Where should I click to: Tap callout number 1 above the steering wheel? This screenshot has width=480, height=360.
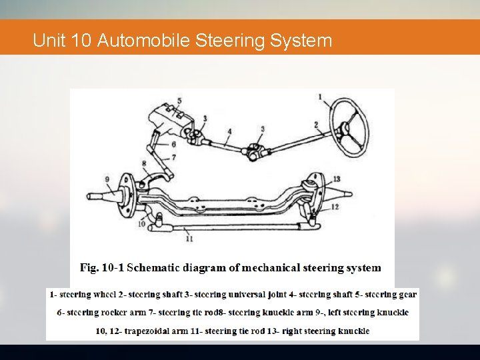321,97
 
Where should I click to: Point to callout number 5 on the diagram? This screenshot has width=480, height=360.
179,101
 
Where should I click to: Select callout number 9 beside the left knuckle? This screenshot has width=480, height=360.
107,179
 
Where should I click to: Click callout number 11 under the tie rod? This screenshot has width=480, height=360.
189,237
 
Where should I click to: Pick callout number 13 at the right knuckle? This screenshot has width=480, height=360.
337,179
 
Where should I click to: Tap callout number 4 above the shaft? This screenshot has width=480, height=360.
229,132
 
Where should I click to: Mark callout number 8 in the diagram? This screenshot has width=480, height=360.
144,163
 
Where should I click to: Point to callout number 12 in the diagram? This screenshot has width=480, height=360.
335,207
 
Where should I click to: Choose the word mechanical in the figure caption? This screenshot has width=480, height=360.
271,268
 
